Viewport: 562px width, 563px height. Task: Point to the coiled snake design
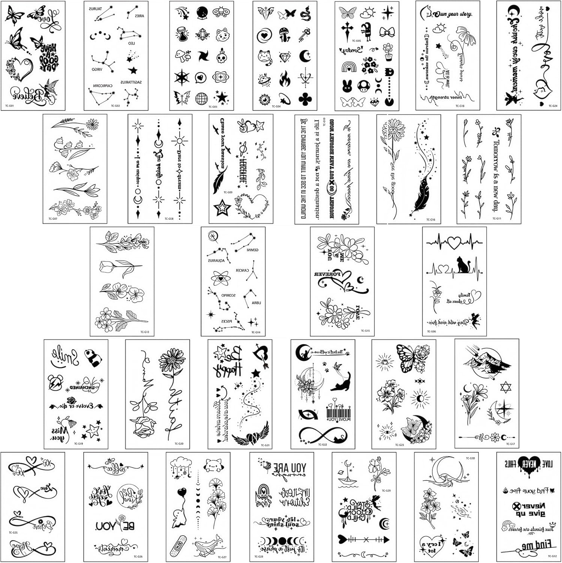coord(305,14)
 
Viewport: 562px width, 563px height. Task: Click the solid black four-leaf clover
coord(305,99)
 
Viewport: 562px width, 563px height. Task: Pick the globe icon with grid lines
coord(201,99)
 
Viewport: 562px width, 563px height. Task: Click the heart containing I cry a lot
coord(435,544)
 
